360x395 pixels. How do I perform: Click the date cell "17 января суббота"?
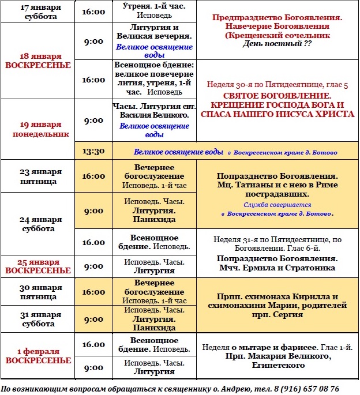point(38,12)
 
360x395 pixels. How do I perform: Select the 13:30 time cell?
point(93,152)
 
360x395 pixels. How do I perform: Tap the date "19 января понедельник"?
point(38,129)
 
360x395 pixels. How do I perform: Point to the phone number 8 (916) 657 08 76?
point(306,389)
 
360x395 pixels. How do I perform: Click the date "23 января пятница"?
point(38,176)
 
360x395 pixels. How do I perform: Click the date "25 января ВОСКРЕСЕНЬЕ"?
point(38,266)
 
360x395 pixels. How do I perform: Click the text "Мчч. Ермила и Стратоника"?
point(276,268)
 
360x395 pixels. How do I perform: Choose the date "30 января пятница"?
point(38,292)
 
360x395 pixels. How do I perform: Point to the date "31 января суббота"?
point(38,319)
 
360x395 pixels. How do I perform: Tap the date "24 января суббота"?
point(38,224)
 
